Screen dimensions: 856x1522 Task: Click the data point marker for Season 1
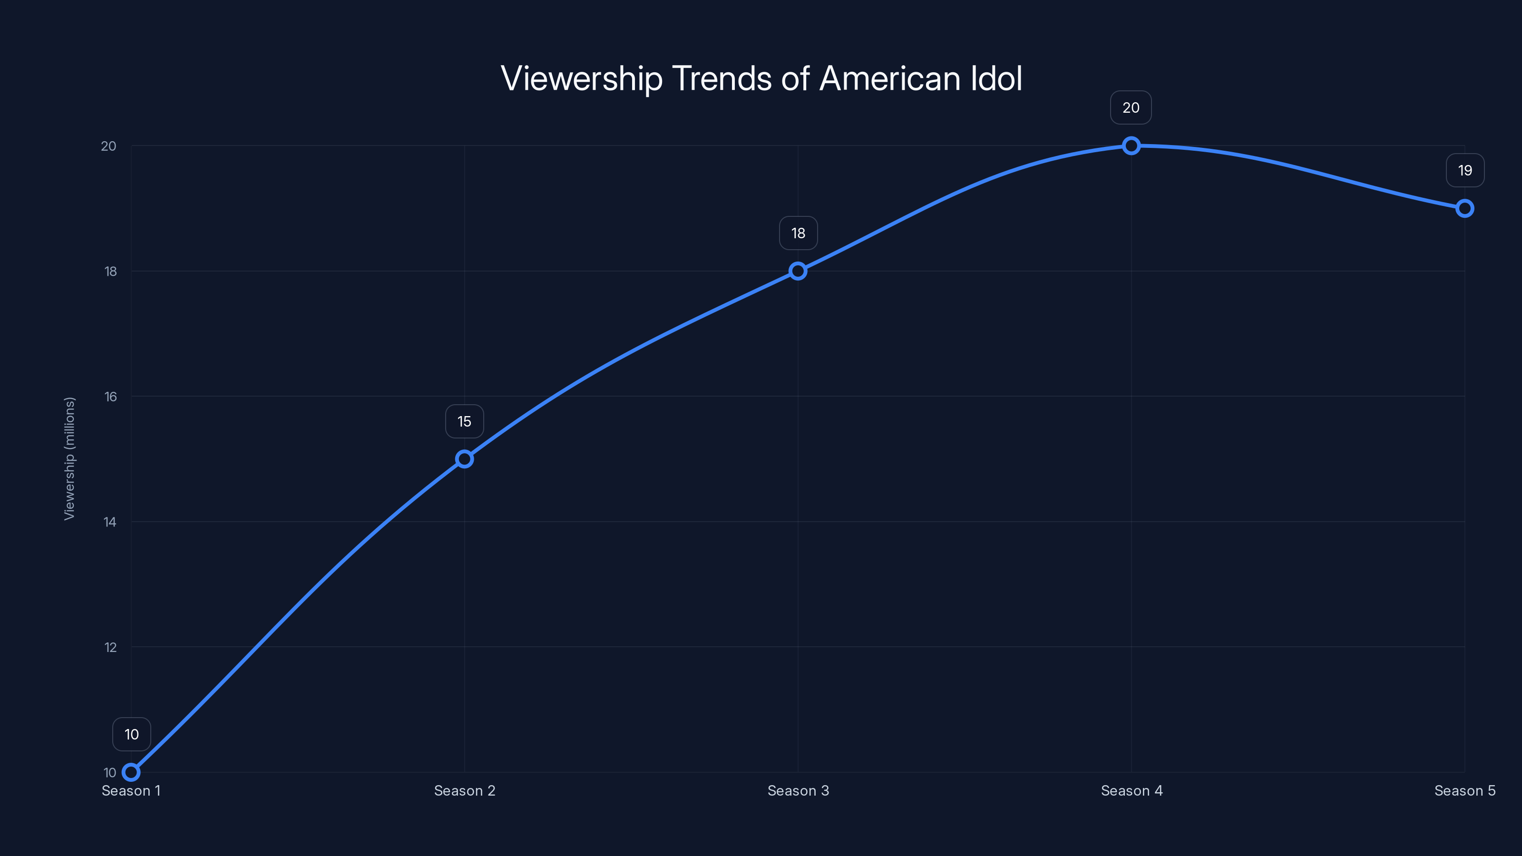(x=131, y=772)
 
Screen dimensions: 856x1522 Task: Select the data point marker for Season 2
(x=464, y=459)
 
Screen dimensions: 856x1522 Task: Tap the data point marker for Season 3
(x=798, y=271)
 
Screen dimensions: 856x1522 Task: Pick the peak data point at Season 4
(x=1131, y=146)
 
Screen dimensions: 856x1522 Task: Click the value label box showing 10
(x=131, y=734)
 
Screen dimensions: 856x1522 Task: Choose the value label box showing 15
(x=464, y=421)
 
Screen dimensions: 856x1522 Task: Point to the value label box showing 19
(x=1465, y=171)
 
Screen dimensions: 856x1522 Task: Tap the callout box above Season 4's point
(x=1131, y=107)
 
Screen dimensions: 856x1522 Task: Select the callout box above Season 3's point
(x=798, y=233)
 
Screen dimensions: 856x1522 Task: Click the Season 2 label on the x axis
(x=464, y=790)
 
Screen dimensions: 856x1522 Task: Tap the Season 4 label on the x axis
(x=1132, y=790)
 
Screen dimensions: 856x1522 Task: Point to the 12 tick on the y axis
(x=110, y=647)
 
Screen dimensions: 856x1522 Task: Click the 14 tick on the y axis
(x=110, y=522)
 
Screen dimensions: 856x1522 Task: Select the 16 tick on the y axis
(x=110, y=397)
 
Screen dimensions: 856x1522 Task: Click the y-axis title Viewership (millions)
(x=70, y=458)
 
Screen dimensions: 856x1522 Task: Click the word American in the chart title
(x=890, y=78)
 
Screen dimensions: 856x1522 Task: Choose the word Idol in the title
(x=996, y=78)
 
